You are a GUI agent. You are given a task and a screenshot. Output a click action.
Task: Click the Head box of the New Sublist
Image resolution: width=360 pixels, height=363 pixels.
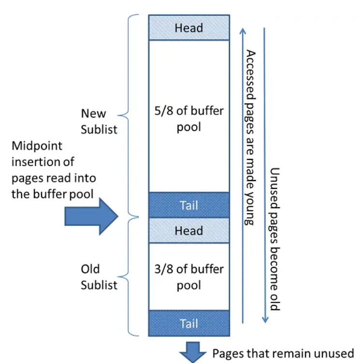(x=188, y=28)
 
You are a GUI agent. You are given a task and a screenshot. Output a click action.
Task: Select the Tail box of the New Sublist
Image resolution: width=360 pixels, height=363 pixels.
(x=188, y=205)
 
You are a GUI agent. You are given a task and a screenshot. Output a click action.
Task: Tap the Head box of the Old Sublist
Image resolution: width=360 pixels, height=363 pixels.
(x=188, y=231)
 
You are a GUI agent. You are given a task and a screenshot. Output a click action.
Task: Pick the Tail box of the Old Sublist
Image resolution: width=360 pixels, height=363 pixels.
(x=188, y=323)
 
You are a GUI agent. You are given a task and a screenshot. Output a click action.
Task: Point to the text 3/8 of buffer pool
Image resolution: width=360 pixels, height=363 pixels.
(x=188, y=277)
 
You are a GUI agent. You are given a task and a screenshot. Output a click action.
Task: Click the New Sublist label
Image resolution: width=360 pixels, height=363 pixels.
(x=99, y=122)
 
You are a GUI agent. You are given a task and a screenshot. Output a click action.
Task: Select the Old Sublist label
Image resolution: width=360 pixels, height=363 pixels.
(x=99, y=277)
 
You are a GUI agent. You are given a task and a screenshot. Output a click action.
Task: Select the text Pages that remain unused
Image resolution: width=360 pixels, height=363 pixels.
(x=283, y=353)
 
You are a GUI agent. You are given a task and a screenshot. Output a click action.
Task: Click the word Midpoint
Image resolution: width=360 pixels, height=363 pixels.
(x=37, y=146)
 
